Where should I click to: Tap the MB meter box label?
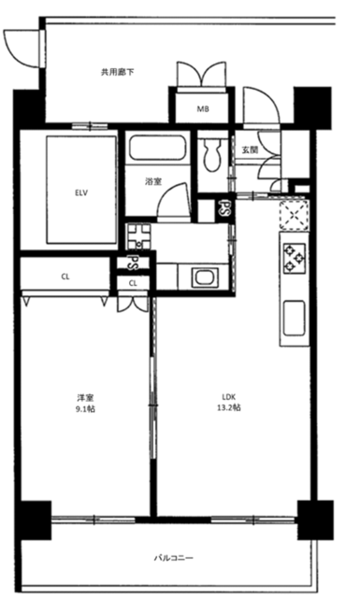(203, 109)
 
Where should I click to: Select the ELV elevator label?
(81, 193)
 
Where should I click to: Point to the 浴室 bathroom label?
(153, 182)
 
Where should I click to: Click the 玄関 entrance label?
(250, 149)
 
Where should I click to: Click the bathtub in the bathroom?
(158, 148)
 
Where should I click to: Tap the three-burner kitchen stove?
(295, 258)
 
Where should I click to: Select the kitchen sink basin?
(294, 318)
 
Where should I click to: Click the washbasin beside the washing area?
(205, 278)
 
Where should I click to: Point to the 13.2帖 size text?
(229, 407)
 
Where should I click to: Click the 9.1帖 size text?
(85, 409)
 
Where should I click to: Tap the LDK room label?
(229, 395)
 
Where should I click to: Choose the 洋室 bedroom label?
(85, 398)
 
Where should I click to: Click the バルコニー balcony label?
(174, 558)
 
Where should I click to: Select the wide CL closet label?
(65, 277)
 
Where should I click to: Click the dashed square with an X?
(294, 215)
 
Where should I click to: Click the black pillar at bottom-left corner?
(35, 520)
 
